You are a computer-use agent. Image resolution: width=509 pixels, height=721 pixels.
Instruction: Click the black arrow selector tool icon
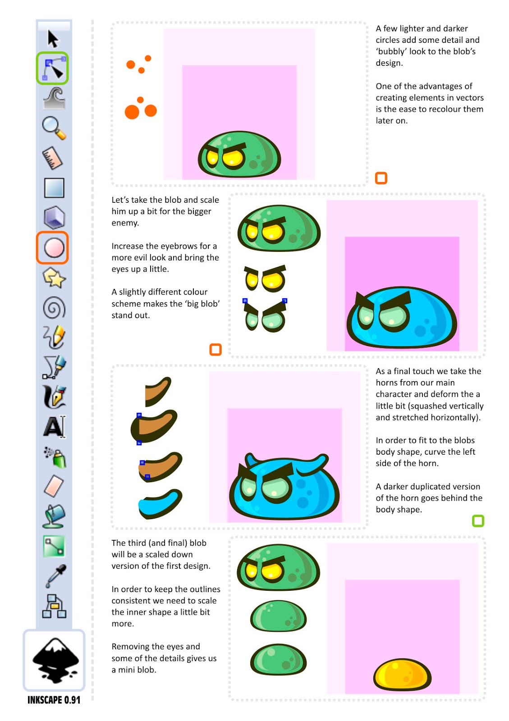coord(53,39)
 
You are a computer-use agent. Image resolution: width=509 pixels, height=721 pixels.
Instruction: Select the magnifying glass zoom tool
coord(54,128)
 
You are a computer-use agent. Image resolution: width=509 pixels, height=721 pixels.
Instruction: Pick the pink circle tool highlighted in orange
coord(54,248)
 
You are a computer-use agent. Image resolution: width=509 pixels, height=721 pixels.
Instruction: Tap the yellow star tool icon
coord(54,278)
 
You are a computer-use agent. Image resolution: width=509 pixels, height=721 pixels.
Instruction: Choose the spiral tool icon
coord(54,307)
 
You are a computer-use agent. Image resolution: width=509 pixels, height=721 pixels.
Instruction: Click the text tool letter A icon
coord(55,427)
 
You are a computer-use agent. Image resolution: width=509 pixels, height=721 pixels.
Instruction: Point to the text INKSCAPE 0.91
coord(54,700)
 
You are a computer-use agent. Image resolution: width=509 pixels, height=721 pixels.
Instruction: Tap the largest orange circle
coord(132,112)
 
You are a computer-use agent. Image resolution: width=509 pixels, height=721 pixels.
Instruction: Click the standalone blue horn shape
coord(160,504)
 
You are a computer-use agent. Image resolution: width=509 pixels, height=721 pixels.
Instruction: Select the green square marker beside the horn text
coord(478,521)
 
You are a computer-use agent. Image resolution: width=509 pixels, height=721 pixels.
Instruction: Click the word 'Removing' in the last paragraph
coord(129,647)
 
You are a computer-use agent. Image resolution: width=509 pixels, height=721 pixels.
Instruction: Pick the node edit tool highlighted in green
coord(52,68)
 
